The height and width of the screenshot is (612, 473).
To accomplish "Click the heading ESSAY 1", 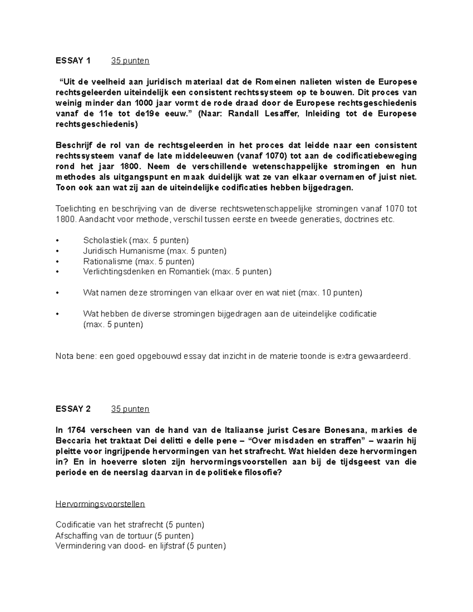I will [73, 61].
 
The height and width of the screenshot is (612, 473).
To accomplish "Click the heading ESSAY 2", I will [73, 409].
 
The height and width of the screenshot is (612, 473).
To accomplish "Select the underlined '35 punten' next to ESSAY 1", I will [130, 61].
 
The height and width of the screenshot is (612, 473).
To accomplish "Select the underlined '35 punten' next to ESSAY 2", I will [130, 409].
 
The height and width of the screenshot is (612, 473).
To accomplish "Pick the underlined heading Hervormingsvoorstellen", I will [100, 504].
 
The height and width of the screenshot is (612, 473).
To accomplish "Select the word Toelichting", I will [74, 209].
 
